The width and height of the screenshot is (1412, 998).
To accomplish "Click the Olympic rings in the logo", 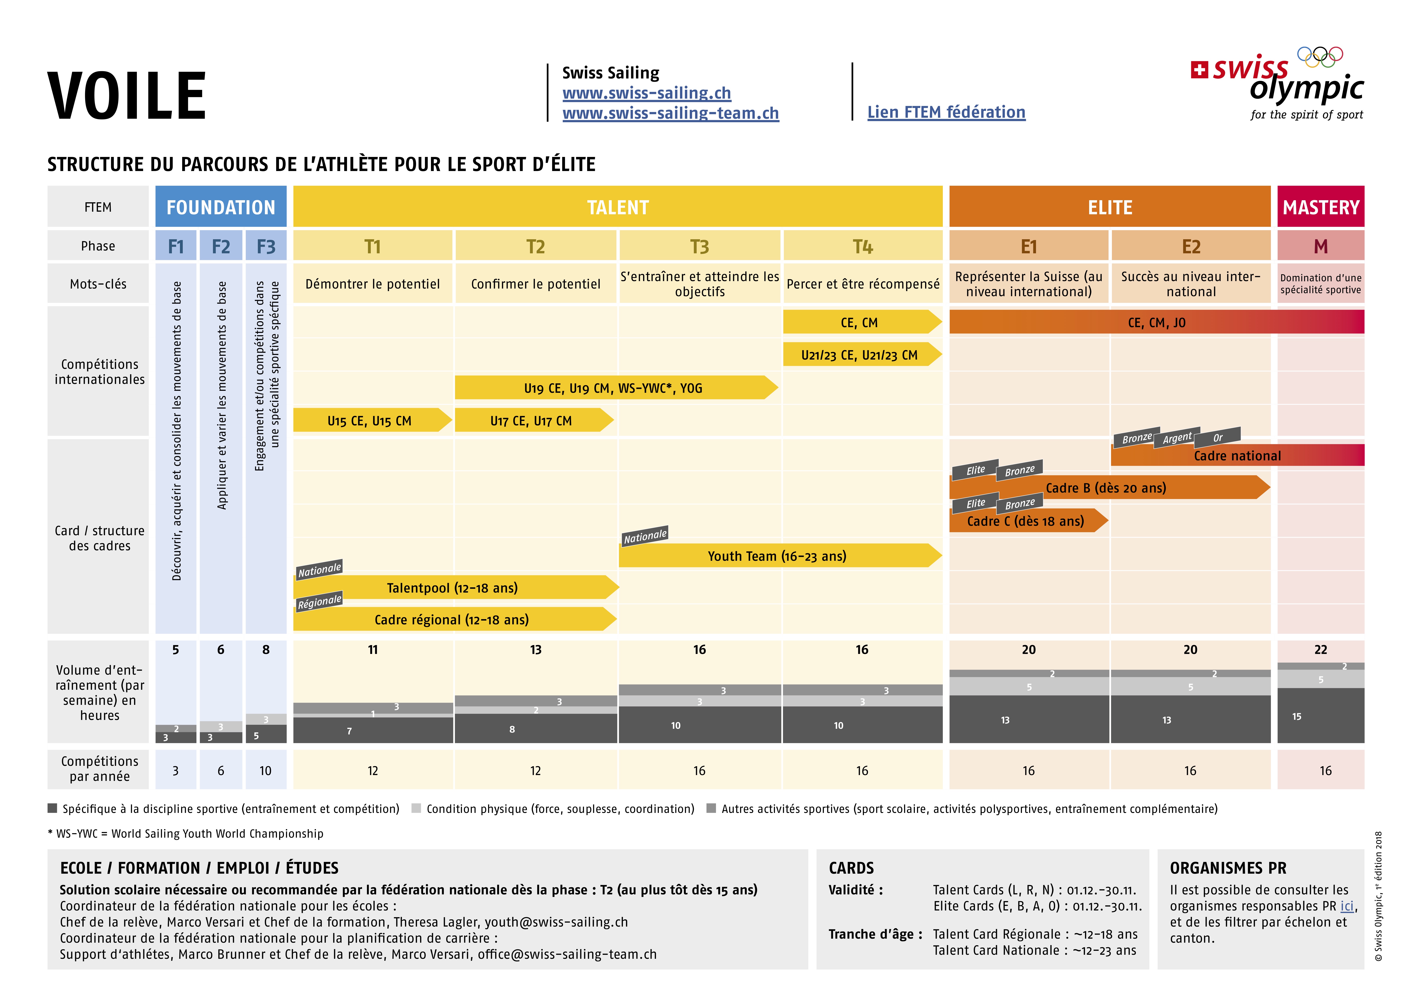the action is point(1320,57).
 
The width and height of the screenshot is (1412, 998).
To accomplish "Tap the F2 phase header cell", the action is point(221,246).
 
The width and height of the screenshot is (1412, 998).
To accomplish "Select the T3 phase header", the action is point(700,246).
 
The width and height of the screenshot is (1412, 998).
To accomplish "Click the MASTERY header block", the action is point(1321,207).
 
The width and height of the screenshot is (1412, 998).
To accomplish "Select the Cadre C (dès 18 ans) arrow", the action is point(1028,521).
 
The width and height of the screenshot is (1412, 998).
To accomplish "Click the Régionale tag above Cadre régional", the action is point(319,601).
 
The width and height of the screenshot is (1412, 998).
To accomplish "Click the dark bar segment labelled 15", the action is point(1321,716).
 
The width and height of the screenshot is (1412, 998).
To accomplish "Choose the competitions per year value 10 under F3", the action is point(265,770).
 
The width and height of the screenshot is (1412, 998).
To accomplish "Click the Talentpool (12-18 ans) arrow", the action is point(456,587).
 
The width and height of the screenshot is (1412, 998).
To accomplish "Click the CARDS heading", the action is point(851,868).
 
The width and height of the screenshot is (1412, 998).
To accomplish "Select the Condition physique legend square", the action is point(416,808).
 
